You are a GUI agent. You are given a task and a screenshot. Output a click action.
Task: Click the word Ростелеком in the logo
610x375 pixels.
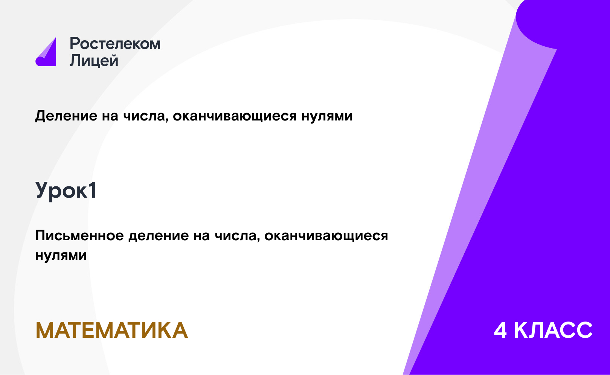pyautogui.click(x=115, y=44)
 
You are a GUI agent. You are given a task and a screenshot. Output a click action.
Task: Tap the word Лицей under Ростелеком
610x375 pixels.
pyautogui.click(x=94, y=61)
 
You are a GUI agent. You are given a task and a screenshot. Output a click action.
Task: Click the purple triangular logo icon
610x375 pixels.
pyautogui.click(x=46, y=52)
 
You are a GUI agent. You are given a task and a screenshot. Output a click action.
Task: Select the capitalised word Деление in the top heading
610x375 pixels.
pyautogui.click(x=66, y=116)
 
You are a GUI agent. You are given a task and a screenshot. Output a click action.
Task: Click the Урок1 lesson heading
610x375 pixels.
pyautogui.click(x=66, y=191)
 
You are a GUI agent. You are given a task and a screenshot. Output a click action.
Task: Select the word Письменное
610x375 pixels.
pyautogui.click(x=79, y=235)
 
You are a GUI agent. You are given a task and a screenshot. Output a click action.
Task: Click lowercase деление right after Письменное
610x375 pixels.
pyautogui.click(x=159, y=236)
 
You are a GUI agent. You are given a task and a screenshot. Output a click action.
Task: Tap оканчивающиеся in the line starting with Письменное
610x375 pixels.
pyautogui.click(x=326, y=236)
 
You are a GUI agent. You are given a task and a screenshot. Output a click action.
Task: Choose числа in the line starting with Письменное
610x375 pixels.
pyautogui.click(x=236, y=236)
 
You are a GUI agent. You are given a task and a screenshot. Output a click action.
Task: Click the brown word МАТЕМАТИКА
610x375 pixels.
pyautogui.click(x=112, y=330)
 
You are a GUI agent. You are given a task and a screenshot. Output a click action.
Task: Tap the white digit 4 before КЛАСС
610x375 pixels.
pyautogui.click(x=500, y=330)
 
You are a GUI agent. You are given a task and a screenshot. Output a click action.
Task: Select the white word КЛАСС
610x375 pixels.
pyautogui.click(x=553, y=330)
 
